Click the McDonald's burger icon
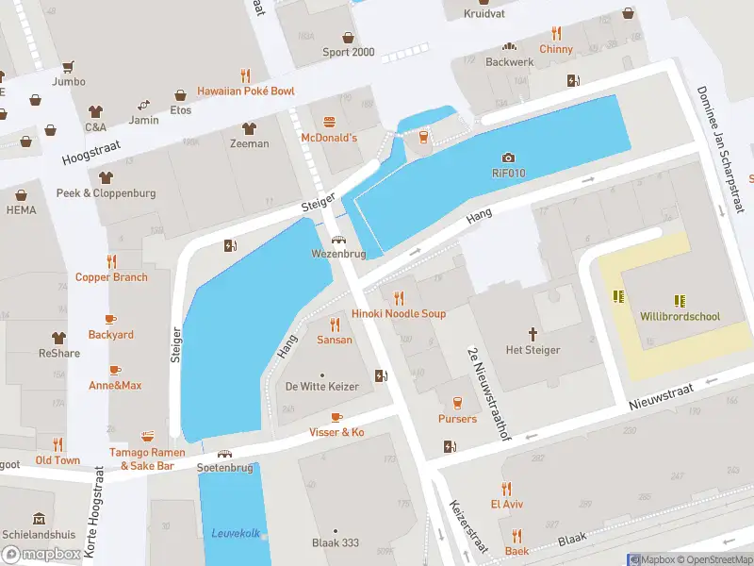(x=329, y=122)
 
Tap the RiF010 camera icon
(x=509, y=158)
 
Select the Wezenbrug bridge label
(x=337, y=255)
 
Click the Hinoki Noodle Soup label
(x=398, y=313)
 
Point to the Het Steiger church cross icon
(x=533, y=334)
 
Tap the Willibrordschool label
(x=679, y=317)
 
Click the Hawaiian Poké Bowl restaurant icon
(x=245, y=75)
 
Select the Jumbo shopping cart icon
(x=68, y=67)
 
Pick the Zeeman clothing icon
(x=250, y=128)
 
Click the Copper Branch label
(x=111, y=277)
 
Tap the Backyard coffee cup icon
(x=110, y=319)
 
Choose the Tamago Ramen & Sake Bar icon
(x=147, y=436)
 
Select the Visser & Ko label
(x=336, y=432)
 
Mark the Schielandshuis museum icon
(x=39, y=519)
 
